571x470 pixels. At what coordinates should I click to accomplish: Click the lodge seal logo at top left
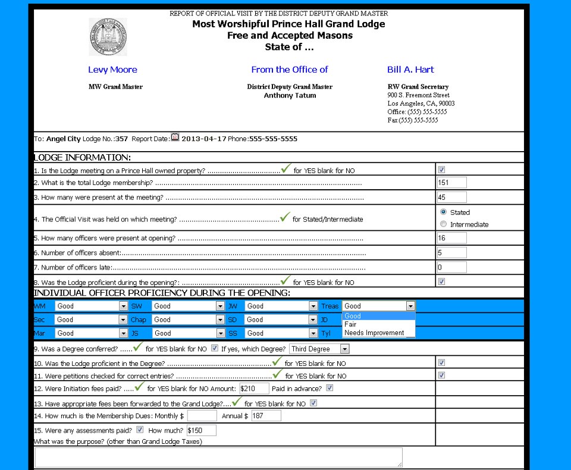click(x=108, y=37)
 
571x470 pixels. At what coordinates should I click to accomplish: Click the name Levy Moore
click(x=112, y=70)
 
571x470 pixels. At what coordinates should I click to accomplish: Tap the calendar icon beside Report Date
click(x=175, y=137)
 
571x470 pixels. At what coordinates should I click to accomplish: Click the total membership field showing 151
click(x=451, y=183)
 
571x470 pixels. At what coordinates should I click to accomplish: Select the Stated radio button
click(x=443, y=212)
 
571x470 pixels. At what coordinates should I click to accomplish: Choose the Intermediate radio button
click(x=443, y=224)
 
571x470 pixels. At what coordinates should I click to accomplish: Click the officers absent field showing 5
click(x=451, y=252)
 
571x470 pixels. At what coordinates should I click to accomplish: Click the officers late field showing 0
click(x=451, y=267)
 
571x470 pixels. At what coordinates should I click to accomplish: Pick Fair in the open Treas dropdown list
click(x=351, y=324)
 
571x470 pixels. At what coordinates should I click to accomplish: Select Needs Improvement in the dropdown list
click(x=374, y=333)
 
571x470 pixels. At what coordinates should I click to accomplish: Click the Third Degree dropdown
click(x=319, y=349)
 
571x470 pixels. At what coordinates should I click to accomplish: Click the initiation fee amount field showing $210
click(x=253, y=388)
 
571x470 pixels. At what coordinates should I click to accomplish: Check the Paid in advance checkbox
click(x=330, y=388)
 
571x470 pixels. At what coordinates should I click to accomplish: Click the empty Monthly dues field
click(x=202, y=416)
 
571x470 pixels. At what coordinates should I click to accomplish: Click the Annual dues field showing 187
click(x=266, y=416)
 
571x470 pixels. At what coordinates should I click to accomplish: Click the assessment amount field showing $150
click(x=201, y=430)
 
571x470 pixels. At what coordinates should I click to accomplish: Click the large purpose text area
click(x=218, y=457)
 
